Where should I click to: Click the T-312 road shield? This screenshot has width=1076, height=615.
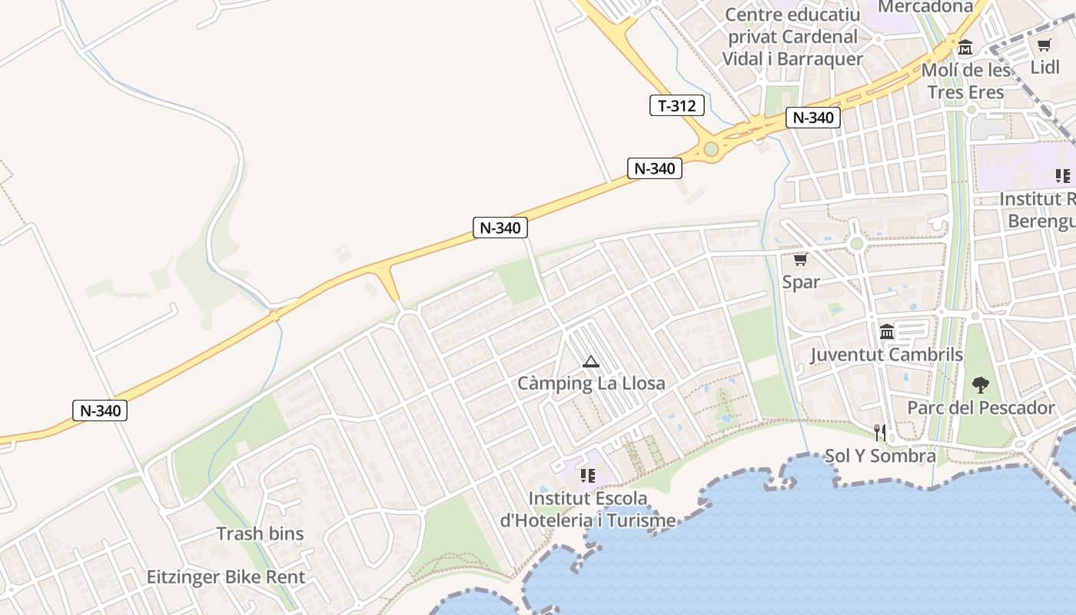(x=676, y=105)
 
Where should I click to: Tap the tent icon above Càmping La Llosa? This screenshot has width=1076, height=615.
(x=590, y=361)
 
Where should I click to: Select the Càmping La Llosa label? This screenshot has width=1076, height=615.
(x=591, y=383)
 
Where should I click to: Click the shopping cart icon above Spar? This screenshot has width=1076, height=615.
(x=800, y=260)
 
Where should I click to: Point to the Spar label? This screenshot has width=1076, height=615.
(x=801, y=282)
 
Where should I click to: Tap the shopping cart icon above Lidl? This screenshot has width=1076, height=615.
(x=1044, y=45)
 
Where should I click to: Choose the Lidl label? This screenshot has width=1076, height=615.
(x=1044, y=67)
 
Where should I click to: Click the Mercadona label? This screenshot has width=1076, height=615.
(x=925, y=7)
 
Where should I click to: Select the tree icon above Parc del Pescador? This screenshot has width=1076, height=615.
(x=980, y=384)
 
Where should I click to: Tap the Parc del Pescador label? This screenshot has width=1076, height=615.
(x=981, y=407)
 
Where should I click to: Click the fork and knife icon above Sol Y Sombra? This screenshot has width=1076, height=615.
(x=880, y=433)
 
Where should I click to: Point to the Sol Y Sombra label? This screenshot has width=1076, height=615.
(x=880, y=456)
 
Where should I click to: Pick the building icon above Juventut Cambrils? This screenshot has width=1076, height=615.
(x=886, y=331)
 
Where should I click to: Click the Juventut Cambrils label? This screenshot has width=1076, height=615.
(x=886, y=354)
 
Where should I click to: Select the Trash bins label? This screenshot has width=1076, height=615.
(x=260, y=534)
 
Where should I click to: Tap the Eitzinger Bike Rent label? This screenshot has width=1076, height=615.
(x=226, y=577)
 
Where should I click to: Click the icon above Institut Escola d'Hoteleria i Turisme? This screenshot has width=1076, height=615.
(x=588, y=476)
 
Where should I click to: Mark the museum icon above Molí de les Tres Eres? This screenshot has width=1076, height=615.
(x=965, y=48)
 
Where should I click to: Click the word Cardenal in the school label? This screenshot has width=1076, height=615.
(x=819, y=37)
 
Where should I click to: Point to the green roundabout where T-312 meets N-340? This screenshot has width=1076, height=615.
(x=711, y=148)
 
